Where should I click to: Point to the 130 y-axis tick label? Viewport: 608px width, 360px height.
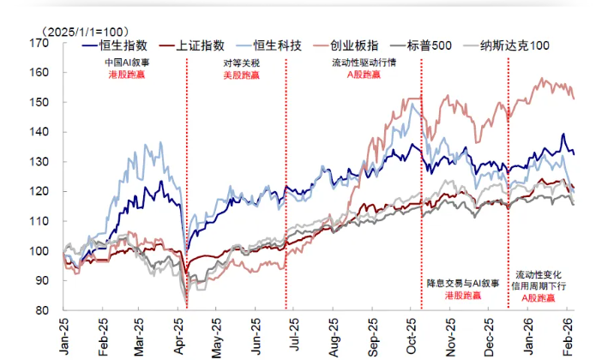pyautogui.click(x=41, y=162)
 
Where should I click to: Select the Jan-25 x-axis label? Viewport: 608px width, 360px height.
pyautogui.click(x=63, y=333)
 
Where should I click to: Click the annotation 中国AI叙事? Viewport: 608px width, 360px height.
pyautogui.click(x=126, y=63)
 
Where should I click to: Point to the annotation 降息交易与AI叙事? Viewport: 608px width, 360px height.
pyautogui.click(x=464, y=282)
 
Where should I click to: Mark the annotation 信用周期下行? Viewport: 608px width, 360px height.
pyautogui.click(x=542, y=285)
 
